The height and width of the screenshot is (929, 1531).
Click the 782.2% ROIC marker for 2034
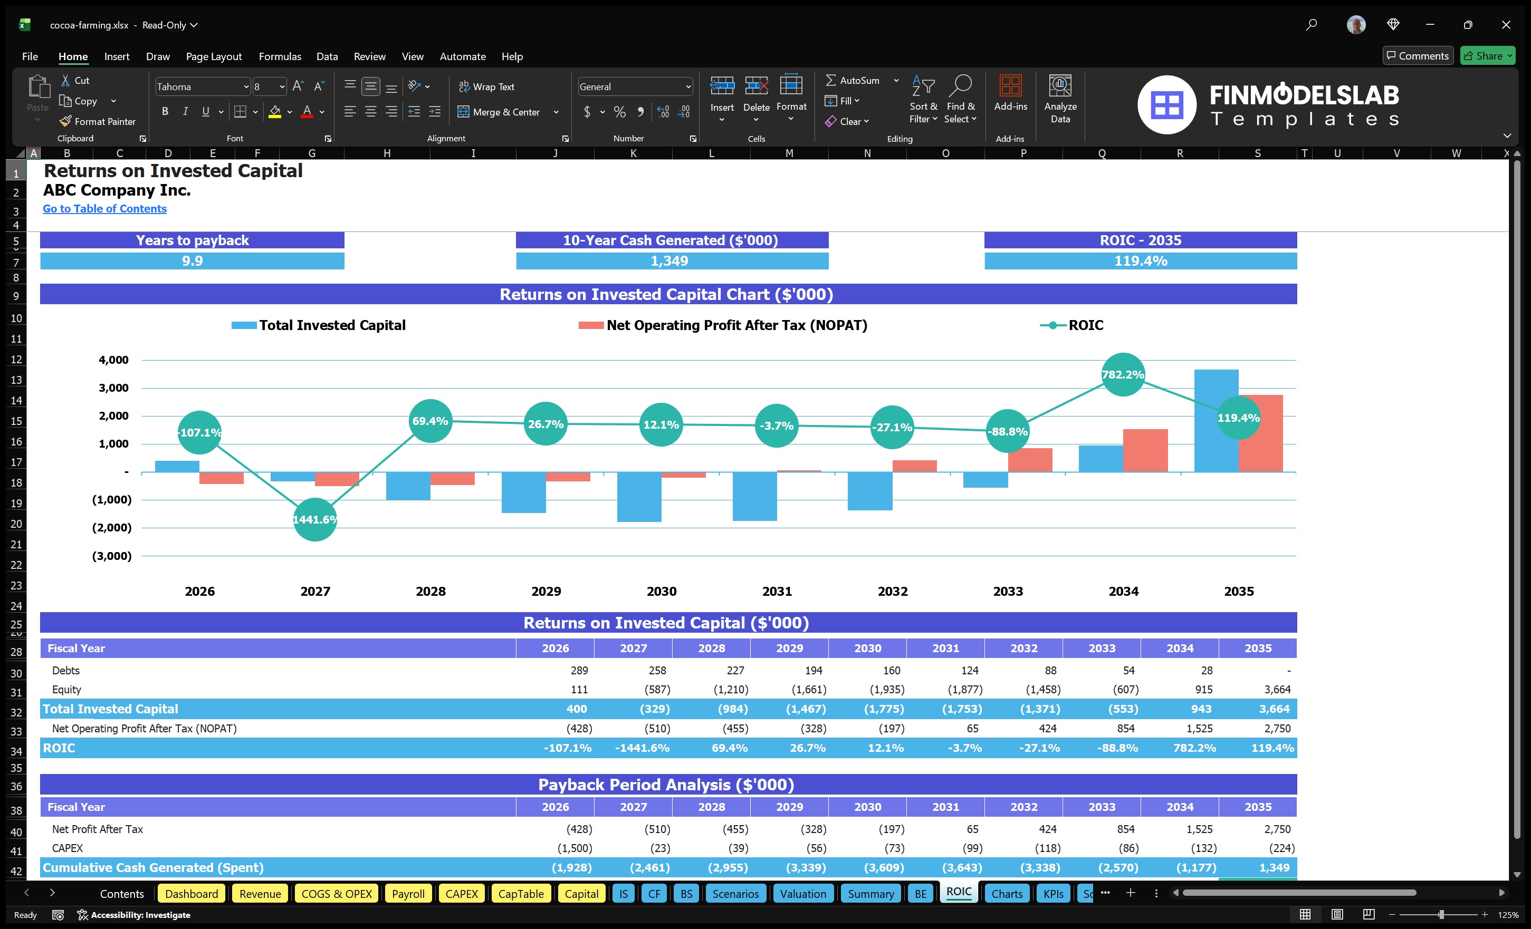pos(1122,374)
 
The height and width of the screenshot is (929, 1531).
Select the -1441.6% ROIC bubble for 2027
pos(314,519)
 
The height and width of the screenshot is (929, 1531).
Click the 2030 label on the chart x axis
pos(661,591)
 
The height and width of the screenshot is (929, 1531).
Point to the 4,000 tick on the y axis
pos(114,360)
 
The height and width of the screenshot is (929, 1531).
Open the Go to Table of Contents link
pos(104,209)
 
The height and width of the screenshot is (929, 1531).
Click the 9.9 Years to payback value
pos(192,261)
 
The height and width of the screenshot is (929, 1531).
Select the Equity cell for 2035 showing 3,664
pos(1276,689)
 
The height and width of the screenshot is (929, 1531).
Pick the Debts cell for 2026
pos(579,670)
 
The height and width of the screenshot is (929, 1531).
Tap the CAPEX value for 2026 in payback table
pos(574,848)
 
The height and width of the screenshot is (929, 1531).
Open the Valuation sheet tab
pos(803,894)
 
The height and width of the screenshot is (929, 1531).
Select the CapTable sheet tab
pos(521,894)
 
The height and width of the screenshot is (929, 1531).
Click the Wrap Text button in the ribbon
pos(486,87)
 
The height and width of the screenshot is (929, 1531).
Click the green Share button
pos(1487,56)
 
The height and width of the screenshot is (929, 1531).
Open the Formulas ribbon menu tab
pos(280,56)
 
